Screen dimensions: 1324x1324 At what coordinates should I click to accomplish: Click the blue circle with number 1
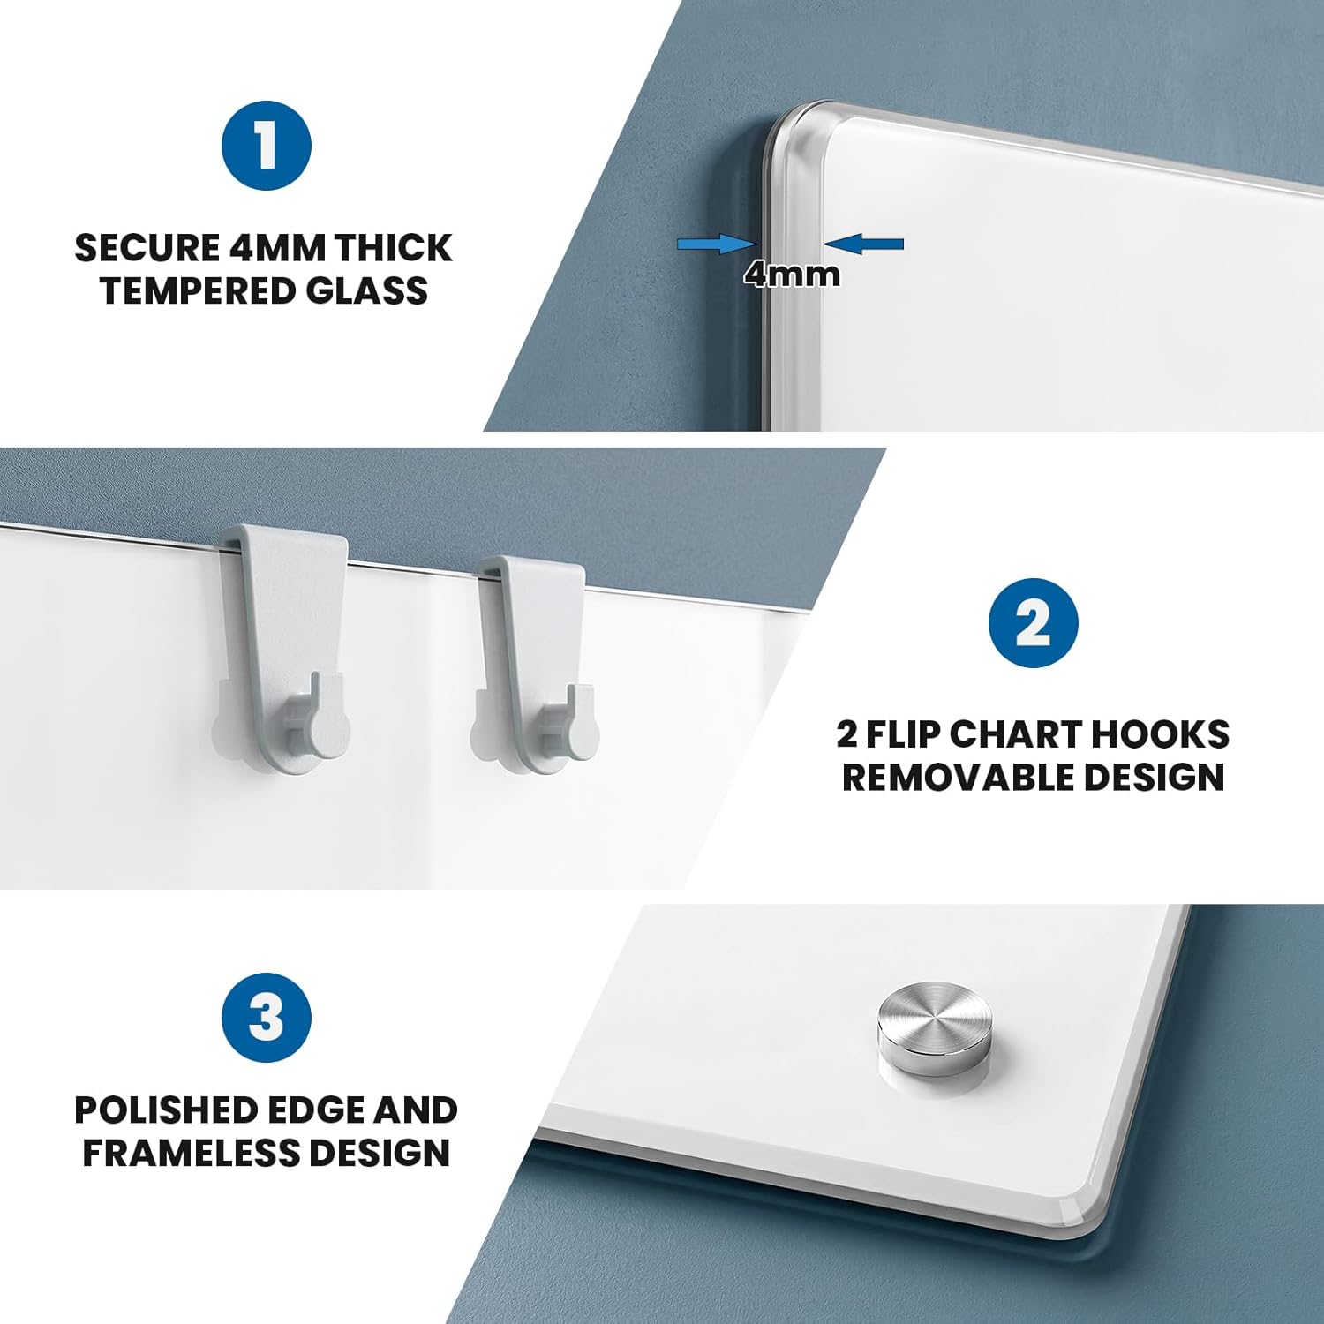(x=266, y=146)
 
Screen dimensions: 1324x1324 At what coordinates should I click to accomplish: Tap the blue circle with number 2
(x=1033, y=623)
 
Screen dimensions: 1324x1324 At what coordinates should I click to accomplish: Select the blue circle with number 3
(x=266, y=1018)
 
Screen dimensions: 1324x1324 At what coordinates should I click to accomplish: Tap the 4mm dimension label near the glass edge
(x=792, y=275)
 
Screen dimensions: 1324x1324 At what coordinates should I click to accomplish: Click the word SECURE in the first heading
(x=147, y=248)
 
